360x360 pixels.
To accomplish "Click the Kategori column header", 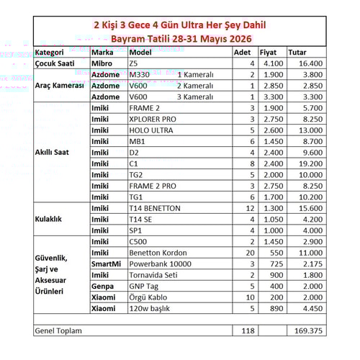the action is point(50,53).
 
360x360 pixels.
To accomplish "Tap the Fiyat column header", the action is point(268,53).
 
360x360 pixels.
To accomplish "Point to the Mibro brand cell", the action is point(102,63).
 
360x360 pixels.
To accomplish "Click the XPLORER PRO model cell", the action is point(153,119).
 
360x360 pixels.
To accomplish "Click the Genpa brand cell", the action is point(102,286).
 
